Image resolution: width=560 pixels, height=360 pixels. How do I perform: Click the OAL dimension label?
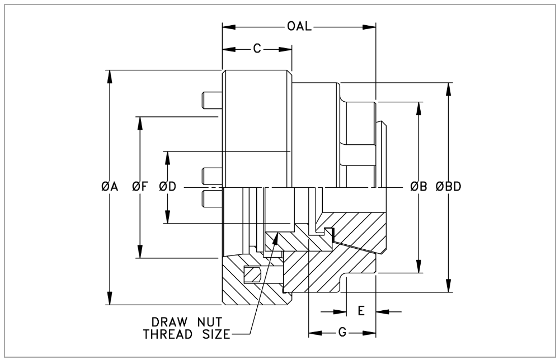pyautogui.click(x=300, y=27)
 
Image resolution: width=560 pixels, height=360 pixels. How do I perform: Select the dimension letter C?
pyautogui.click(x=257, y=49)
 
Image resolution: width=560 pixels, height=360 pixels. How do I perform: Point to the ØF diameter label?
pyautogui.click(x=139, y=187)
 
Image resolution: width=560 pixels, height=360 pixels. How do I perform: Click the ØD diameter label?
pyautogui.click(x=167, y=187)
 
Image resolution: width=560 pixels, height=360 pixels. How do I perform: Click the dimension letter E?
pyautogui.click(x=361, y=311)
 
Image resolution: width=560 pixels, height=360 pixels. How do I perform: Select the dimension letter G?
pyautogui.click(x=342, y=333)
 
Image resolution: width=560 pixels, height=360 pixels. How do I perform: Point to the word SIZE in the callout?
pyautogui.click(x=216, y=335)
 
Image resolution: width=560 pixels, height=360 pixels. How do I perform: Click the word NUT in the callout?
pyautogui.click(x=210, y=323)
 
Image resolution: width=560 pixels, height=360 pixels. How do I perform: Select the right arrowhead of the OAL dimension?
pyautogui.click(x=371, y=27)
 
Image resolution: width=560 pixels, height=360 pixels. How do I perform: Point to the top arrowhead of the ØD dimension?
pyautogui.click(x=167, y=156)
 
